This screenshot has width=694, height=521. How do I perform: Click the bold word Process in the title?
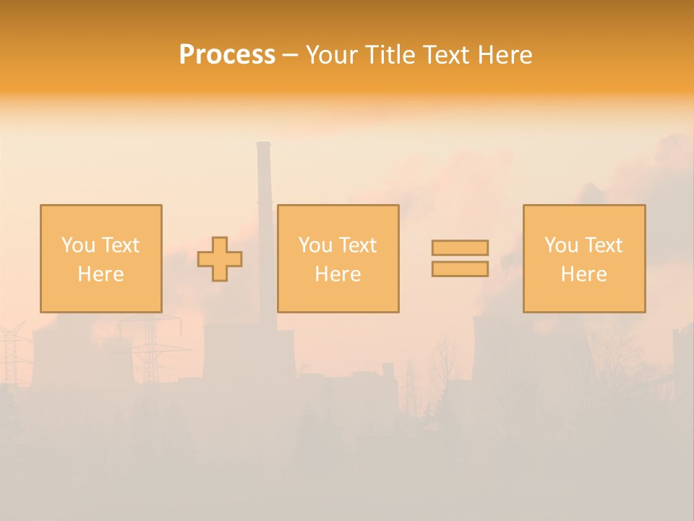pyautogui.click(x=227, y=55)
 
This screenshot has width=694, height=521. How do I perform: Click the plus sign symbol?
pyautogui.click(x=220, y=259)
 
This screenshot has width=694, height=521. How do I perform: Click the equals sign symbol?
pyautogui.click(x=460, y=258)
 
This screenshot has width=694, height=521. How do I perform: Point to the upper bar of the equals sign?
pyautogui.click(x=460, y=248)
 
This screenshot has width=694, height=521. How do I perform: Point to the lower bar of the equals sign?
pyautogui.click(x=460, y=269)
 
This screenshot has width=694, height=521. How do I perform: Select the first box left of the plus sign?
pyautogui.click(x=100, y=258)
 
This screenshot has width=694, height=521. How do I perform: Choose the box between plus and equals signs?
pyautogui.click(x=338, y=258)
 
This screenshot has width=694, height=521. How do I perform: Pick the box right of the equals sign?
pyautogui.click(x=583, y=258)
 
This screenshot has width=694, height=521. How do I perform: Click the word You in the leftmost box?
pyautogui.click(x=78, y=245)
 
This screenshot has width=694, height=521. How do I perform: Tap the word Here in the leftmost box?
pyautogui.click(x=100, y=274)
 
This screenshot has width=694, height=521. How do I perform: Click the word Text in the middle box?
pyautogui.click(x=358, y=245)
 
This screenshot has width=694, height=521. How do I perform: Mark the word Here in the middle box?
pyautogui.click(x=338, y=274)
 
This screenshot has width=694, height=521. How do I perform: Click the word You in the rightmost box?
pyautogui.click(x=561, y=245)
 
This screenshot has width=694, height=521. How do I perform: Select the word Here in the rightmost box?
pyautogui.click(x=583, y=274)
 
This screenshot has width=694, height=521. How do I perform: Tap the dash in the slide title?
pyautogui.click(x=290, y=55)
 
